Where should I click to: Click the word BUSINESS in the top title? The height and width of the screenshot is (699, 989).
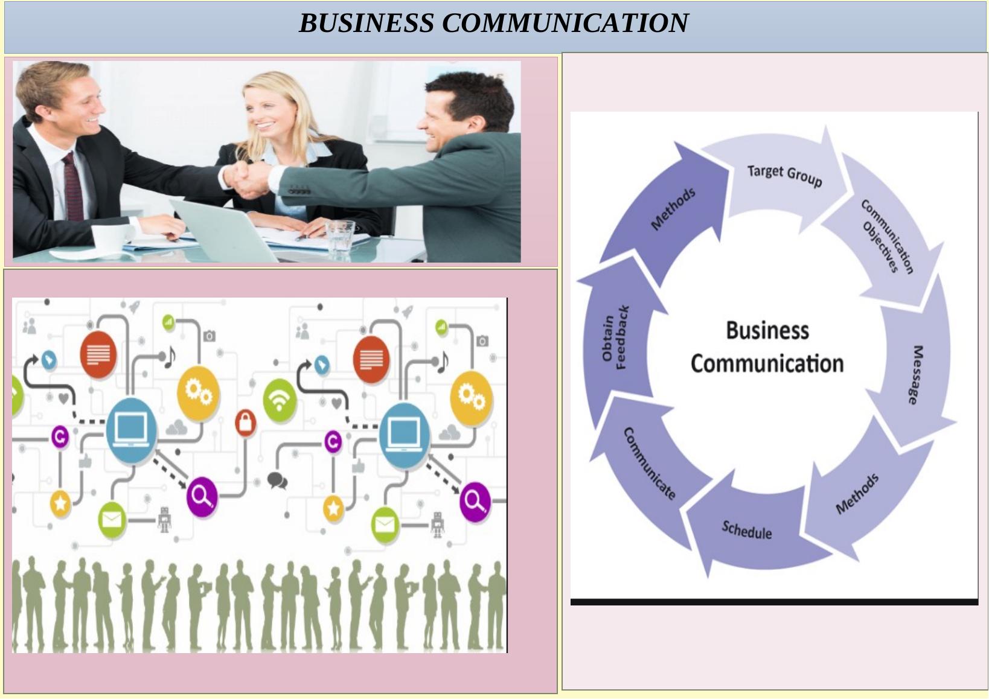366,24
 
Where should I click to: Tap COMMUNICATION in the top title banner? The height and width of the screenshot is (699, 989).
565,24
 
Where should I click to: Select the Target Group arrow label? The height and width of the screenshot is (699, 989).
784,175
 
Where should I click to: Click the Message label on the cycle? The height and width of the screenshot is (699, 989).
916,374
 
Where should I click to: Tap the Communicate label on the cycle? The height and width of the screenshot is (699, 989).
648,464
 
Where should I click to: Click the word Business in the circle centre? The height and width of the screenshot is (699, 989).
767,331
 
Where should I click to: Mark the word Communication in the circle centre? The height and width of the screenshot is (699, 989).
767,364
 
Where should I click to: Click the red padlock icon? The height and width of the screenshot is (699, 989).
245,422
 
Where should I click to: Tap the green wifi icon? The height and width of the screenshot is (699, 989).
280,400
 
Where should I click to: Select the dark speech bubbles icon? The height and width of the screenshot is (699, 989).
277,480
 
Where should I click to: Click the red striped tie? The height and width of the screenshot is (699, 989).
73,187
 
